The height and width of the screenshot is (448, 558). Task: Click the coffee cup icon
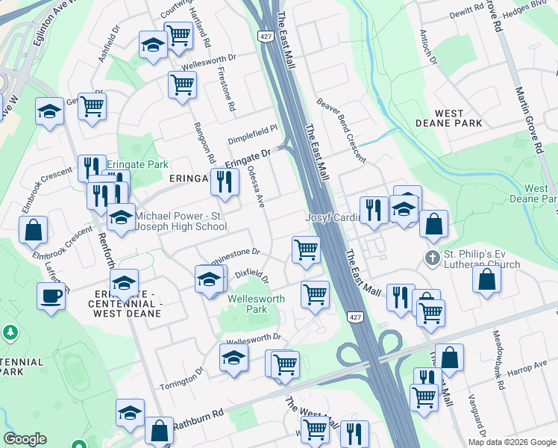[x=51, y=296]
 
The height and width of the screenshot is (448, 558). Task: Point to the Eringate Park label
[x=137, y=164]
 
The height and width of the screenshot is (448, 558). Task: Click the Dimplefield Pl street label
[x=252, y=127]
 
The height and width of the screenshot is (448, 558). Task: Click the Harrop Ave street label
[x=525, y=367]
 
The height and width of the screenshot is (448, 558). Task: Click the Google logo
[x=25, y=439]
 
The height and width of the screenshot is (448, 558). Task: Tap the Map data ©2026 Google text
[x=512, y=442]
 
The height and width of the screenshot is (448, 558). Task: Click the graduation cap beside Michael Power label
[x=120, y=218]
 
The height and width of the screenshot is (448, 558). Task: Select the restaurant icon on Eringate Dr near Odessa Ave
[x=224, y=180]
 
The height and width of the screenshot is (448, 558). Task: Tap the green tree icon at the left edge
[x=10, y=332]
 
